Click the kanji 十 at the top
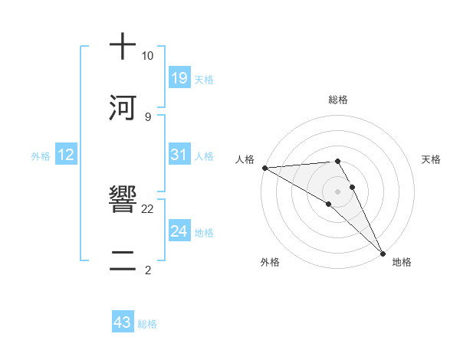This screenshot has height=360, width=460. click(x=123, y=47)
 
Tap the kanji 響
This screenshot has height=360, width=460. click(x=123, y=201)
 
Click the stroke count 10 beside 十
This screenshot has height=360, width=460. click(x=147, y=56)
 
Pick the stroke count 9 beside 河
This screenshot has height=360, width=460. click(x=147, y=117)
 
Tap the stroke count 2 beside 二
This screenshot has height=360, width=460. click(x=147, y=270)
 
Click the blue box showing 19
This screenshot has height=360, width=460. click(x=179, y=78)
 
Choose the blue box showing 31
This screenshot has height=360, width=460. click(x=179, y=155)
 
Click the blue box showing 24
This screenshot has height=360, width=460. click(x=179, y=231)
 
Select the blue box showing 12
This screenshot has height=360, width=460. click(x=66, y=155)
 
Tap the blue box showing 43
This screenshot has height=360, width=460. click(x=123, y=322)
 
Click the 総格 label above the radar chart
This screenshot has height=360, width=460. click(x=338, y=100)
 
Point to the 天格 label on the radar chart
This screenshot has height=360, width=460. click(x=432, y=159)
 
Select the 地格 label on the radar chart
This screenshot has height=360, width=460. click(x=402, y=262)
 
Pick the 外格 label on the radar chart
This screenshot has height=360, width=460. click(x=270, y=262)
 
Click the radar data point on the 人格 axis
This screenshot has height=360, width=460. click(x=264, y=168)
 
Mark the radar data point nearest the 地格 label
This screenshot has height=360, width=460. click(x=383, y=252)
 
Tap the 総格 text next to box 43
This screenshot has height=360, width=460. click(x=147, y=324)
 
